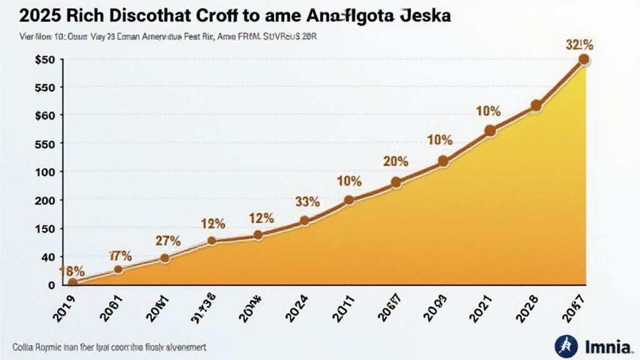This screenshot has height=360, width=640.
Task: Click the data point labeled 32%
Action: click(x=584, y=59)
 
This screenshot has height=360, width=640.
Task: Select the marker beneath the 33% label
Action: click(x=305, y=221)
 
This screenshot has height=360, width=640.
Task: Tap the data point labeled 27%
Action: click(x=165, y=258)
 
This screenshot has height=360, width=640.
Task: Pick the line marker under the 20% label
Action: click(x=396, y=182)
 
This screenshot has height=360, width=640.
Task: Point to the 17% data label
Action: click(x=120, y=256)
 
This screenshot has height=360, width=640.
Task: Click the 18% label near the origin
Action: click(x=71, y=271)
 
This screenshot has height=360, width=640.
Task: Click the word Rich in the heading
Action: click(x=79, y=16)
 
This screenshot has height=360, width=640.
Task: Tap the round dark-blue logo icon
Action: click(x=564, y=344)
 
